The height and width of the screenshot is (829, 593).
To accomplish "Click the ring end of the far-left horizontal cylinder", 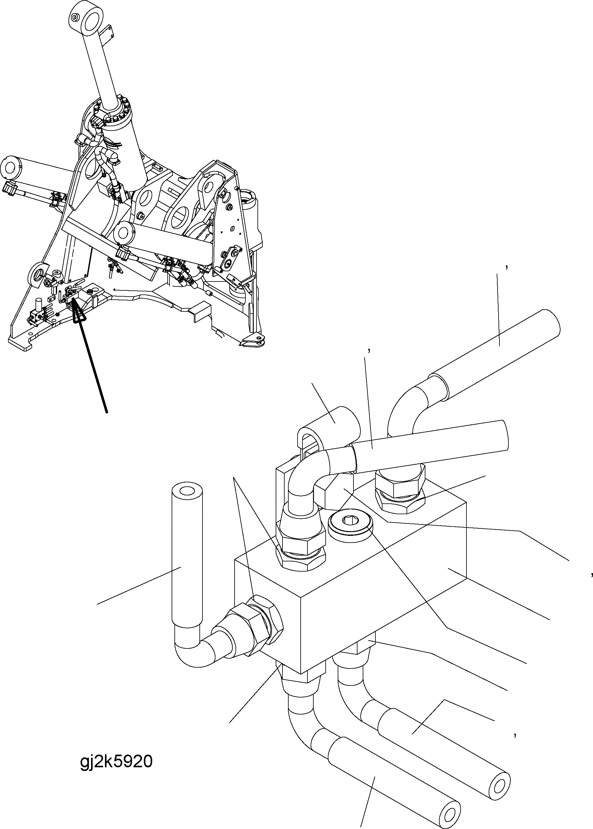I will pyautogui.click(x=11, y=168).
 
